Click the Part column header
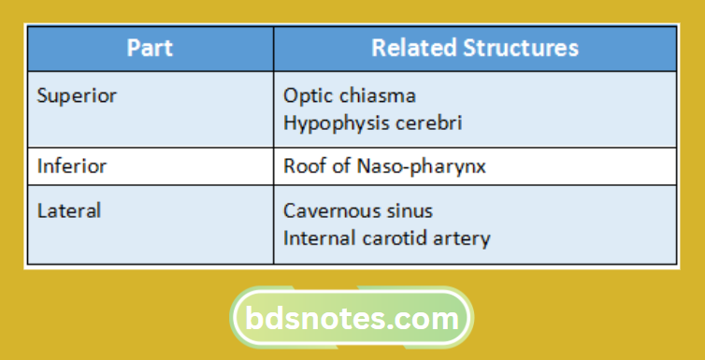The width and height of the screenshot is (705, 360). (x=149, y=49)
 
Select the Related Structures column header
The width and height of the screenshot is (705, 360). (x=475, y=49)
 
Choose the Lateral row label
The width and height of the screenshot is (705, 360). (x=69, y=211)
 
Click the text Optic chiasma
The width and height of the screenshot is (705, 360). (x=350, y=95)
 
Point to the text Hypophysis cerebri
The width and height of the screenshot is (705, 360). (x=373, y=122)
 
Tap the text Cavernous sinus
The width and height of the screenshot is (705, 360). (x=358, y=211)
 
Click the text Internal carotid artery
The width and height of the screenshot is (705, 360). (x=386, y=238)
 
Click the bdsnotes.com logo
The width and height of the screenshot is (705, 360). (x=352, y=319)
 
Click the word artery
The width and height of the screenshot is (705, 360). (x=464, y=238)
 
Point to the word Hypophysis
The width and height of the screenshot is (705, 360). (x=335, y=123)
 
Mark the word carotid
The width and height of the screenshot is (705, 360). (x=404, y=238)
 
